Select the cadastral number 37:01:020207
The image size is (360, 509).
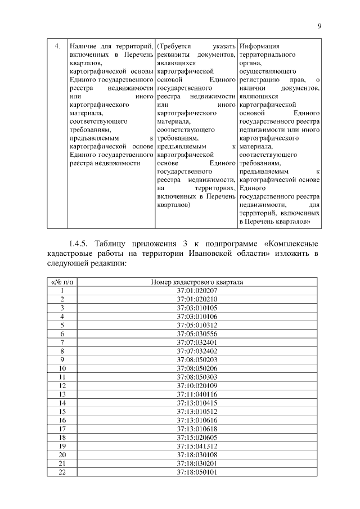(197, 290)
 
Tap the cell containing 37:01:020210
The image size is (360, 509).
(197, 299)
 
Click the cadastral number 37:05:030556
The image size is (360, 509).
(197, 334)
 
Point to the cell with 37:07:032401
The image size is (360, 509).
(197, 342)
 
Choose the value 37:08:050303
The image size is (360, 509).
(197, 376)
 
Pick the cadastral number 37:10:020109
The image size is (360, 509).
(197, 385)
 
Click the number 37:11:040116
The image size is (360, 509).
(197, 394)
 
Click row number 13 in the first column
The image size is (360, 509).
(62, 394)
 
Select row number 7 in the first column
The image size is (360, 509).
(62, 342)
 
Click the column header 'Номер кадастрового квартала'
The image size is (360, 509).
(197, 282)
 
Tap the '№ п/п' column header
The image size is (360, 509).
(62, 282)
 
